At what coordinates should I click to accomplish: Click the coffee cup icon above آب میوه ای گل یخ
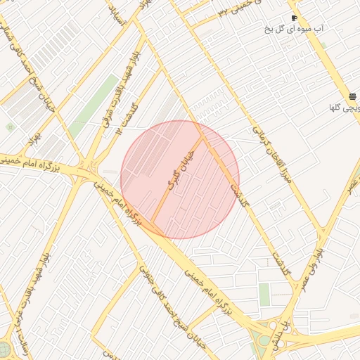coord(294,18)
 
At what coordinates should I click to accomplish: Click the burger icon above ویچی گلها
coord(351,97)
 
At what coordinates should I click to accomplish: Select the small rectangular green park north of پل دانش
coord(264,295)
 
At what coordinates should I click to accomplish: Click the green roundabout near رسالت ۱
coord(4,349)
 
